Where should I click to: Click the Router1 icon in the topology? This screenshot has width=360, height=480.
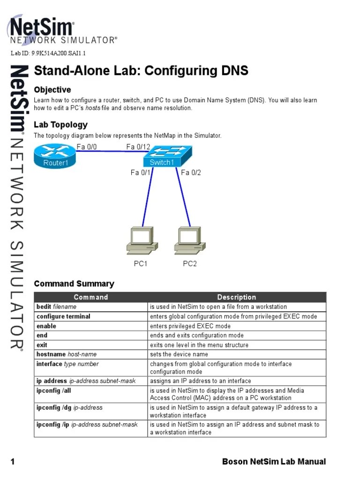[x=55, y=157]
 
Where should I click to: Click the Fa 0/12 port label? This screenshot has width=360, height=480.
[x=138, y=147]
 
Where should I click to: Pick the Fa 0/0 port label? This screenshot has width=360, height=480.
[x=87, y=147]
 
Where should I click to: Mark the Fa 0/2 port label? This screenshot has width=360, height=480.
[x=191, y=173]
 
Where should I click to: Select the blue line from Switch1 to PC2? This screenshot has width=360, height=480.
[x=184, y=197]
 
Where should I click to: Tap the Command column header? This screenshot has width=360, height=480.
[x=91, y=297]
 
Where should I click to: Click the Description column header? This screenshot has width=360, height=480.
[x=237, y=297]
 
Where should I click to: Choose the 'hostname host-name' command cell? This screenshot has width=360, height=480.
[x=67, y=354]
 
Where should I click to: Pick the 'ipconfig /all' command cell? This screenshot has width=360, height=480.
[x=54, y=390]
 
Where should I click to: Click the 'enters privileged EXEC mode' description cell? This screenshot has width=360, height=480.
[x=190, y=326]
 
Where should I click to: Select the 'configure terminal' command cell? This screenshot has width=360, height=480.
[x=63, y=316]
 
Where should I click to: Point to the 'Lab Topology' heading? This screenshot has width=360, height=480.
[x=60, y=125]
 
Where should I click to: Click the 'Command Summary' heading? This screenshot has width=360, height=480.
[x=74, y=284]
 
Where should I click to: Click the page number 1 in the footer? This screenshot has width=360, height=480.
[x=13, y=462]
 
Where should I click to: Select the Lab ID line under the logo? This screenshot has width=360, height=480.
[x=48, y=53]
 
